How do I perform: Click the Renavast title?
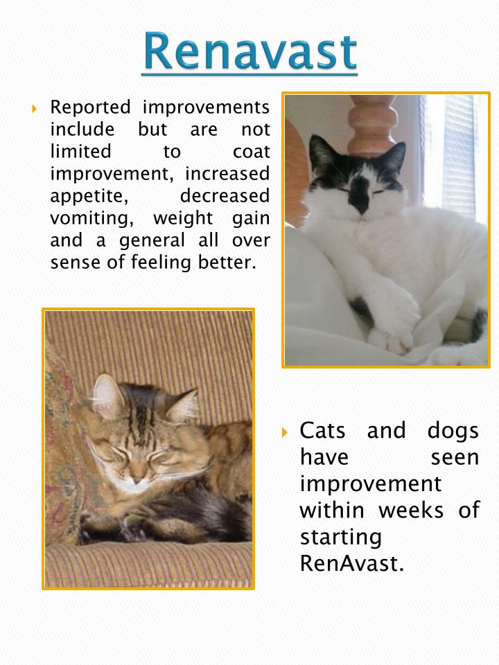coord(249,52)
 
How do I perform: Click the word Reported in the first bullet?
coord(90,108)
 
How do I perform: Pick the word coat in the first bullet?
coord(251,152)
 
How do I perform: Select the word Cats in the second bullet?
coord(328,431)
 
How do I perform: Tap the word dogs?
coord(452,431)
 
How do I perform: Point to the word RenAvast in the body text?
coord(351,563)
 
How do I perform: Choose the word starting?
coord(340,537)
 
